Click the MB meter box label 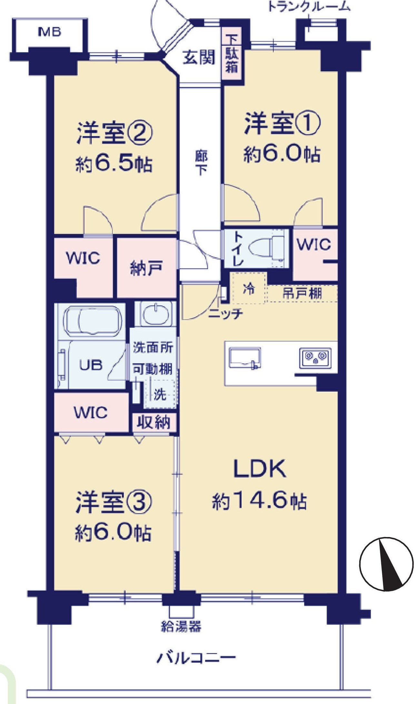pyautogui.click(x=49, y=32)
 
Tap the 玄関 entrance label pyautogui.click(x=199, y=58)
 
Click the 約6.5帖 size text pyautogui.click(x=114, y=165)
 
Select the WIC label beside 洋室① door pyautogui.click(x=314, y=244)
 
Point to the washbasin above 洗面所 pyautogui.click(x=155, y=314)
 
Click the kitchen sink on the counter pyautogui.click(x=244, y=357)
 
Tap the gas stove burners pyautogui.click(x=315, y=357)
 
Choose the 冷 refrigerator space pyautogui.click(x=249, y=288)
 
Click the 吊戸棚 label pyautogui.click(x=302, y=293)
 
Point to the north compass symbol pyautogui.click(x=386, y=564)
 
